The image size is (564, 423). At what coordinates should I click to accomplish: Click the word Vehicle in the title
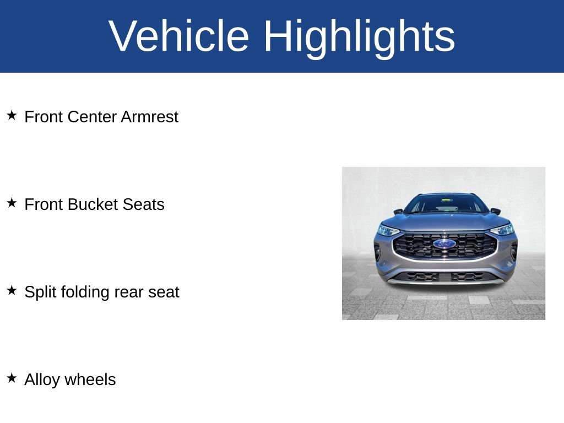coord(179,36)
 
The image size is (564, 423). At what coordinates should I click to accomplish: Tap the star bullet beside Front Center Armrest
coord(12,116)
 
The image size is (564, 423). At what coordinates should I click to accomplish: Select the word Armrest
coord(150,117)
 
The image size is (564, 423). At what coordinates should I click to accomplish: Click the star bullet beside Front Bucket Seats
coord(12,203)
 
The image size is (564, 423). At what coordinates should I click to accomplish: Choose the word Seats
coord(144,204)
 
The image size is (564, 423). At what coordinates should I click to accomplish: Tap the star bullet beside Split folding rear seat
coord(12,291)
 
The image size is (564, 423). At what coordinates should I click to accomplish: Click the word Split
coord(40,292)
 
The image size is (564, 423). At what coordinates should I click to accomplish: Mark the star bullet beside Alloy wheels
coord(12,378)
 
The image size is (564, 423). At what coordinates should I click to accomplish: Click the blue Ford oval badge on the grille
coord(444,244)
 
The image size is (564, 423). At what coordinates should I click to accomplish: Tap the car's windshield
coord(445,204)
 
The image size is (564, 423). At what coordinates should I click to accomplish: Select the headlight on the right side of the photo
coord(502,229)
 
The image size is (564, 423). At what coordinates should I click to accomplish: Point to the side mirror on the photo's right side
coord(495,211)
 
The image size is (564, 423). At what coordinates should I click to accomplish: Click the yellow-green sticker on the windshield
coord(446,200)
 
